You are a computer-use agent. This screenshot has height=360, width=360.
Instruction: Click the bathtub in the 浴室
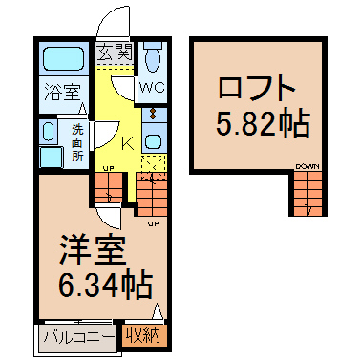63,58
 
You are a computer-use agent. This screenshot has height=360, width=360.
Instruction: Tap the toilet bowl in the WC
153,61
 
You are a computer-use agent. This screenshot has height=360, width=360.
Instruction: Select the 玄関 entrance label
115,53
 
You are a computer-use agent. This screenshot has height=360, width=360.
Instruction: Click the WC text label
153,88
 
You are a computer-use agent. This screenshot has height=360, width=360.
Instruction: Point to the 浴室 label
62,92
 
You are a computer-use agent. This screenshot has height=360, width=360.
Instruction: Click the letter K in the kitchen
128,144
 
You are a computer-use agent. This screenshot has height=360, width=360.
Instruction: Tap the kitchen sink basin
154,141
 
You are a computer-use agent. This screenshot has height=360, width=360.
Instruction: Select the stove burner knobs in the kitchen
154,114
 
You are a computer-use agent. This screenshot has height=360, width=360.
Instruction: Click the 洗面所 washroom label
77,143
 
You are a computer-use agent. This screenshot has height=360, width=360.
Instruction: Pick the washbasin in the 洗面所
49,132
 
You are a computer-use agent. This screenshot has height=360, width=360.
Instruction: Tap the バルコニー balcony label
78,338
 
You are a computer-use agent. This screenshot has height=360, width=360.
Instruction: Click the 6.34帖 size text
105,284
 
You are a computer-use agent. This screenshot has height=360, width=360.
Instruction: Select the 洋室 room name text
92,250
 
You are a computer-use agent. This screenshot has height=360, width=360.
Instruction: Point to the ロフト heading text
256,87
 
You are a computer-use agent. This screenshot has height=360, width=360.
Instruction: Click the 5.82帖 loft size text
263,123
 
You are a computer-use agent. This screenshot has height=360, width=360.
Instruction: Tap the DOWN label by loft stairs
307,167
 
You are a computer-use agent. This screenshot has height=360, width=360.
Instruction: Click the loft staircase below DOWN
307,194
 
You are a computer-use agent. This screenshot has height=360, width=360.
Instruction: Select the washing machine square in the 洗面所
52,158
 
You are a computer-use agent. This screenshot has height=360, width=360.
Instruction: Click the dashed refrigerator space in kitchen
154,167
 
